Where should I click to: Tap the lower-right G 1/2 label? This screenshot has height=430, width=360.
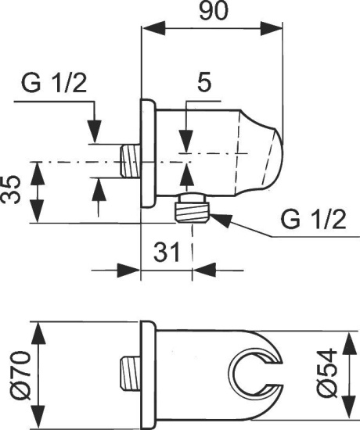coord(311,220)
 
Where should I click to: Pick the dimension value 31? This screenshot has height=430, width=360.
coord(166,253)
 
